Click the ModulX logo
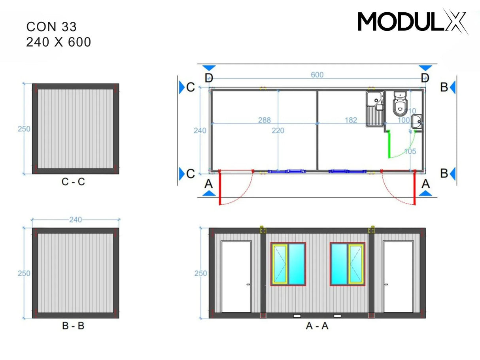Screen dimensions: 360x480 pos(412,21)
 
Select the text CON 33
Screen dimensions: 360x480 pos(51,26)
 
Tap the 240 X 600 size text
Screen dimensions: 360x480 pos(59,41)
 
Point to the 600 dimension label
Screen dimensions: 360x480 pos(317,75)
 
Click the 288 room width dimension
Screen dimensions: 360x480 pos(264,120)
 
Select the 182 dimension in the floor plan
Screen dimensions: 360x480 pos(350,120)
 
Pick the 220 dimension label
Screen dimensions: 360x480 pos(278,130)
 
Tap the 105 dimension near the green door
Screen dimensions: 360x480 pos(410,151)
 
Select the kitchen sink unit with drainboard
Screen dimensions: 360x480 pos(374,109)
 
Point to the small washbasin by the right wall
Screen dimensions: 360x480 pos(417,122)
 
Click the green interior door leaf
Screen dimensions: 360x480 pos(389,144)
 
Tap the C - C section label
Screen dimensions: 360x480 pos(74,182)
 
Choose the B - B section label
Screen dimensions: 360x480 pos(73,326)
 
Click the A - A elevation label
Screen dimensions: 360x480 pos(317,326)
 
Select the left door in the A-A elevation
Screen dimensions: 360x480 pos(236,276)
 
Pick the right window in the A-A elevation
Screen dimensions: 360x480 pos(347,264)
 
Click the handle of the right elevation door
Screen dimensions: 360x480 pos(386,284)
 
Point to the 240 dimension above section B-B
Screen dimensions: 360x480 pos(75,220)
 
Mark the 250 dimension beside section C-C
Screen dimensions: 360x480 pos(24,129)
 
